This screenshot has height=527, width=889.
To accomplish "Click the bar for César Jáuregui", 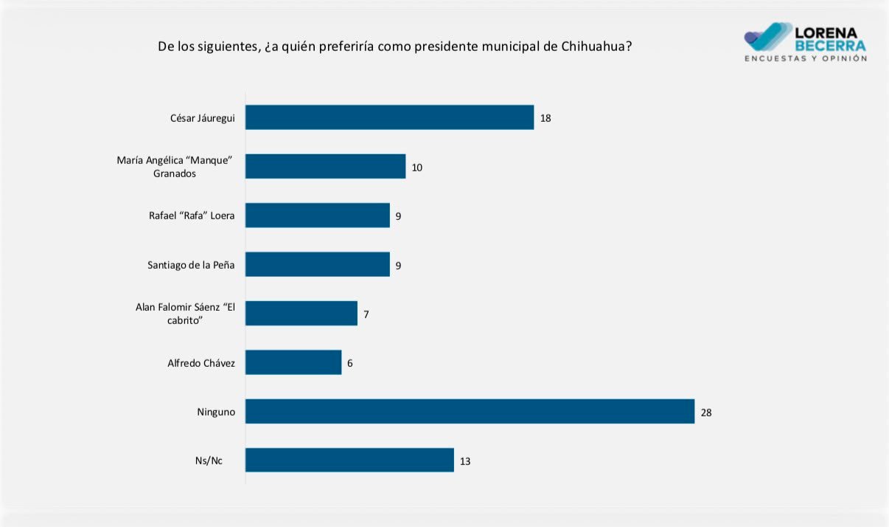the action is click(x=389, y=117).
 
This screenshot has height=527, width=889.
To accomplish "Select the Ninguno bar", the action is click(x=470, y=411).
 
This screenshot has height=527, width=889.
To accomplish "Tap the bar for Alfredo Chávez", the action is click(x=293, y=362).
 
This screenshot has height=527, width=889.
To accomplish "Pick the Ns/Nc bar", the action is click(x=349, y=461).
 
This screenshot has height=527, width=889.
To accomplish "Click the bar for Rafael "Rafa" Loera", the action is click(x=318, y=216).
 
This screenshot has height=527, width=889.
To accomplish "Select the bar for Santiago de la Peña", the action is click(x=318, y=264).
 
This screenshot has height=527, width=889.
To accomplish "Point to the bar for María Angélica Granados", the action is click(x=325, y=166).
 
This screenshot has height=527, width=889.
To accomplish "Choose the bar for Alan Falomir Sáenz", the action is click(x=301, y=313).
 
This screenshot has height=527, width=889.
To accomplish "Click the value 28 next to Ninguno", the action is click(x=706, y=413).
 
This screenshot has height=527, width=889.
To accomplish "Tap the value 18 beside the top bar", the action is click(x=545, y=118).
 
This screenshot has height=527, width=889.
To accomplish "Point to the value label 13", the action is click(x=465, y=461).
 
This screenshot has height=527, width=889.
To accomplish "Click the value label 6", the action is click(x=349, y=363).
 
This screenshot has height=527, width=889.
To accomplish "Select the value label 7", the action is click(x=366, y=314).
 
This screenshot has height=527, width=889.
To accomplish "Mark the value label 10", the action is click(x=416, y=168).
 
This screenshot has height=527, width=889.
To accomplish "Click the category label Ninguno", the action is click(x=216, y=412).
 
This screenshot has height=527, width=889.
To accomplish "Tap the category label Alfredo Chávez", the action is click(x=201, y=363).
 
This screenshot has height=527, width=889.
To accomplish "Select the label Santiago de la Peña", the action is click(x=191, y=265).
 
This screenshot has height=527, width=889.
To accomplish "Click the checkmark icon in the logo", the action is click(x=767, y=37).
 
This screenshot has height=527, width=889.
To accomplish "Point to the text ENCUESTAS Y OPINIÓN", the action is click(x=806, y=58).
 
